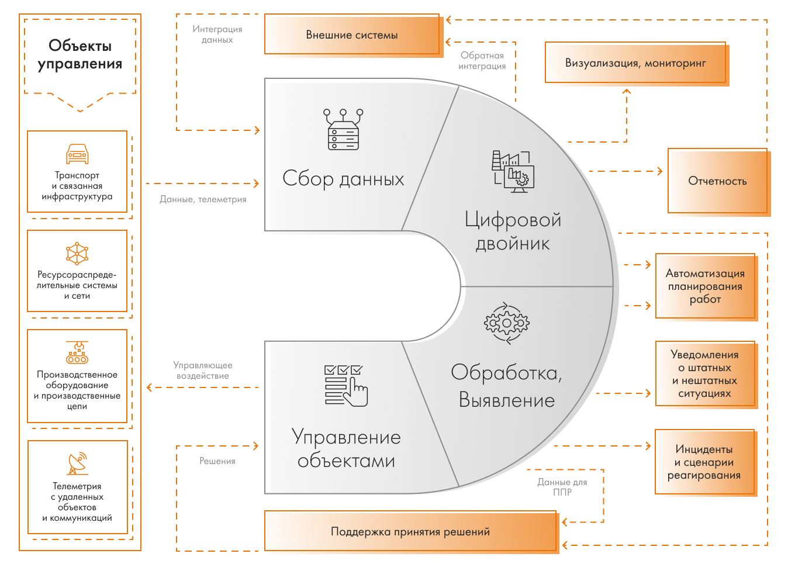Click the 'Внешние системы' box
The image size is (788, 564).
click(352, 34)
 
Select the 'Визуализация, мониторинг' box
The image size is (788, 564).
click(635, 63)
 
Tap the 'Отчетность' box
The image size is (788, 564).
click(717, 181)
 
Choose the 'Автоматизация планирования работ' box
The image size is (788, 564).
click(705, 286)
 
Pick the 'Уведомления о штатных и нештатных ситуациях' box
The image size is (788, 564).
click(705, 373)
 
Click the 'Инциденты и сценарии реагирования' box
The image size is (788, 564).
click(704, 462)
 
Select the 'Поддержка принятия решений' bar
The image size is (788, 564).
click(410, 531)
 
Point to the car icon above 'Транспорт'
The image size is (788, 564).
click(77, 154)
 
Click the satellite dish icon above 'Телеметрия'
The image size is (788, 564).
click(77, 463)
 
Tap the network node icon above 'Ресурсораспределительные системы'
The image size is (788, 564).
click(77, 254)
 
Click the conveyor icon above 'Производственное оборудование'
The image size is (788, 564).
click(77, 353)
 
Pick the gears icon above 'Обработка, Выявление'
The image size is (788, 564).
click(507, 323)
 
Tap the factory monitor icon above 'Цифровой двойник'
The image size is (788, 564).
click(512, 172)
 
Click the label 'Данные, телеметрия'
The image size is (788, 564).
click(203, 199)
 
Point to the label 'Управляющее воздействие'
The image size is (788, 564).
click(203, 371)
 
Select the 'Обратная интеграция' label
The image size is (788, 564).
click(482, 61)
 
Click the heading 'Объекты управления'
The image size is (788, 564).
click(80, 55)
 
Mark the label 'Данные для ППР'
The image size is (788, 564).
click(562, 487)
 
